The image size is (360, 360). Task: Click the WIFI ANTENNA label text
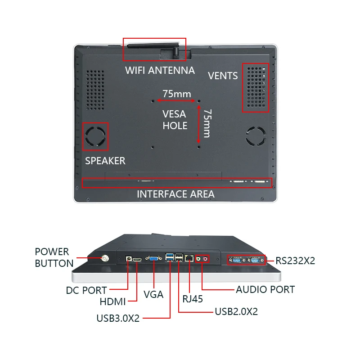pyautogui.click(x=160, y=70)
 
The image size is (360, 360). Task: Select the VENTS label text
pyautogui.click(x=223, y=76)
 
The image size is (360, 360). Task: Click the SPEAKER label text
pyautogui.click(x=105, y=161)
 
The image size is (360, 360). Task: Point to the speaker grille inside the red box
pyautogui.click(x=95, y=137)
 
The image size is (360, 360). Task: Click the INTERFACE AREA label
pyautogui.click(x=175, y=194)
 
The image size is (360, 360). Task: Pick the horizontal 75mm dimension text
pyautogui.click(x=177, y=94)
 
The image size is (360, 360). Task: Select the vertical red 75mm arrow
pyautogui.click(x=199, y=124)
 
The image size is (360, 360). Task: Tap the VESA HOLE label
pyautogui.click(x=175, y=120)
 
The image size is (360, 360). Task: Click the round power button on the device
pyautogui.click(x=105, y=259)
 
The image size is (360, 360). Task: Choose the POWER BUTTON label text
pyautogui.click(x=54, y=257)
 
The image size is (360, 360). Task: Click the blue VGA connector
pyautogui.click(x=153, y=258)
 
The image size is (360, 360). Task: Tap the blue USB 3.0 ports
pyautogui.click(x=170, y=257)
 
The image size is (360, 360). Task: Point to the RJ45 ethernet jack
pyautogui.click(x=189, y=258)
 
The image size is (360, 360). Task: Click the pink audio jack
pyautogui.click(x=206, y=259)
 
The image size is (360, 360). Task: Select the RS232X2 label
pyautogui.click(x=295, y=261)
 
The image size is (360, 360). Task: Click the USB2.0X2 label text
pyautogui.click(x=236, y=311)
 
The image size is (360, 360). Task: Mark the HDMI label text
pyautogui.click(x=113, y=301)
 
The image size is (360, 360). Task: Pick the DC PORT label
pyautogui.click(x=86, y=290)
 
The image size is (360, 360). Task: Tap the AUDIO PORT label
pyautogui.click(x=265, y=289)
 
